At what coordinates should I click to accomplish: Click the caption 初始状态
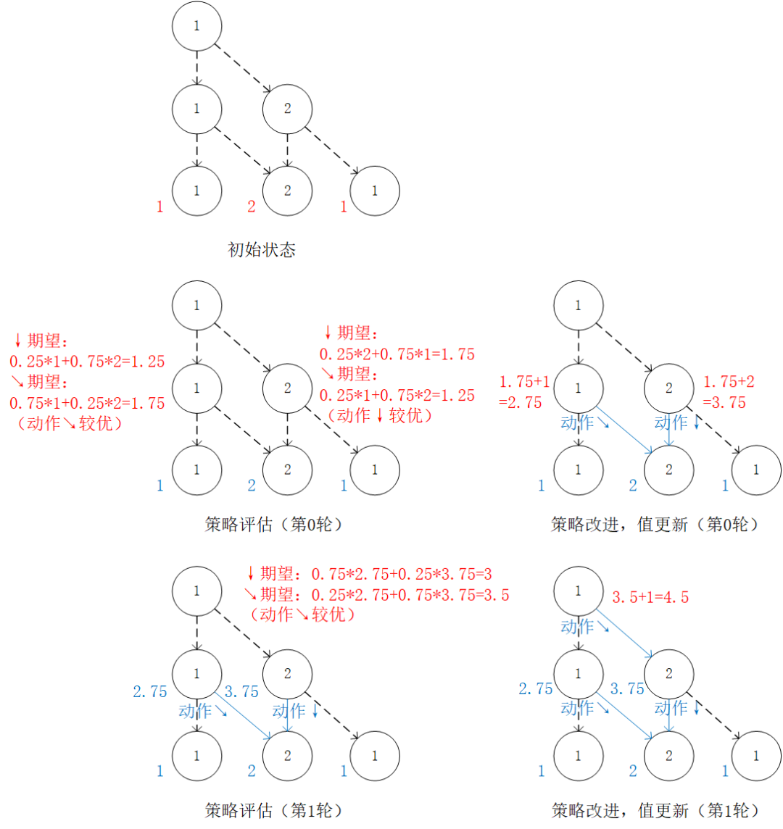[261, 251]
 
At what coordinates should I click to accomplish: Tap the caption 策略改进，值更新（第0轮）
[655, 524]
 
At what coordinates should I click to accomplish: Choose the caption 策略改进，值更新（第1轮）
[655, 809]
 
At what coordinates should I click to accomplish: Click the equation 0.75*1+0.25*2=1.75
[87, 403]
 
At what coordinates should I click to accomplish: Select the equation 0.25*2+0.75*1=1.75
[397, 354]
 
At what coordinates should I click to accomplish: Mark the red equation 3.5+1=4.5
[650, 597]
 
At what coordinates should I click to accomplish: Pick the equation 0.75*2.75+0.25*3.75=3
[402, 574]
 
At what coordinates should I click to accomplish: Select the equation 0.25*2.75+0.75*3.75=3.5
[410, 596]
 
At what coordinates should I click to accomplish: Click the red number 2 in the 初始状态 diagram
[252, 207]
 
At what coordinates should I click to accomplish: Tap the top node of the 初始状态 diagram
[196, 25]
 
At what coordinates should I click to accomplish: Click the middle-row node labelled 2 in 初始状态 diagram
[287, 109]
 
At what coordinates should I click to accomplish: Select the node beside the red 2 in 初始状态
[287, 191]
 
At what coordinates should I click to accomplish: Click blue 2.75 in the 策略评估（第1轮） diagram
[149, 691]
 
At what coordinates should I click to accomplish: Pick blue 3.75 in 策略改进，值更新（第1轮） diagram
[627, 688]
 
